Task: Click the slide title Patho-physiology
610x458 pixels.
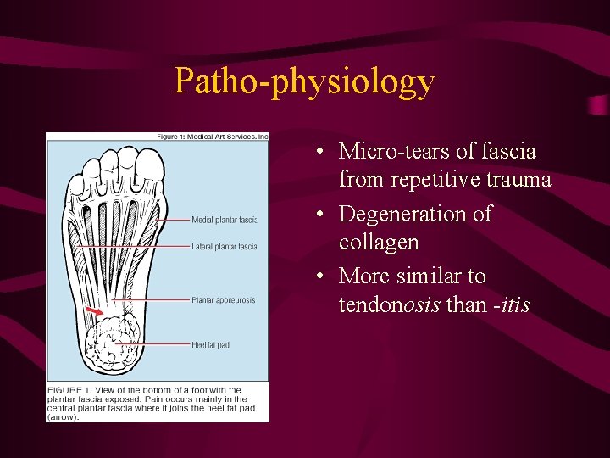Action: tap(304, 81)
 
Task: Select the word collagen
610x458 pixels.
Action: tap(379, 243)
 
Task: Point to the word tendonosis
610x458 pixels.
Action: tap(389, 304)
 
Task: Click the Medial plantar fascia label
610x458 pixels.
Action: tap(224, 220)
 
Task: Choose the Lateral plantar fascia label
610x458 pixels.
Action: tap(224, 247)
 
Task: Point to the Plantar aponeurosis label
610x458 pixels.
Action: tap(223, 300)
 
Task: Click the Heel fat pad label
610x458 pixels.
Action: tap(210, 344)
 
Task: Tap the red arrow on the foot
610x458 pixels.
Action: tap(95, 316)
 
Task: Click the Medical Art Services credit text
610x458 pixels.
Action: tap(212, 137)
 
